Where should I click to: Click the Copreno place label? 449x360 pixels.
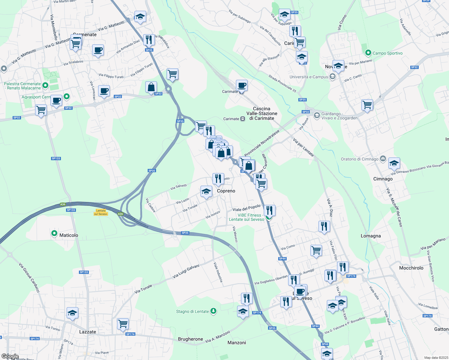coord(226,191)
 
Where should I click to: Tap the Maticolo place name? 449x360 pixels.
coord(69,235)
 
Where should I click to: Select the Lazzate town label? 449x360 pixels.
coord(88,332)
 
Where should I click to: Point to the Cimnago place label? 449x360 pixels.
coord(383,179)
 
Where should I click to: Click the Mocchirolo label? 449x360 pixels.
coord(411,268)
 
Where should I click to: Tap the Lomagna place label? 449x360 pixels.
coord(371,236)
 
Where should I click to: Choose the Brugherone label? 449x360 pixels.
coord(190,339)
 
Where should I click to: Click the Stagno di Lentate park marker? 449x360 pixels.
coord(213,311)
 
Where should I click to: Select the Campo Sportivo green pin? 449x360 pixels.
coord(368,53)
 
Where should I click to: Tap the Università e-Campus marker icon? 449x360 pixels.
coord(332,77)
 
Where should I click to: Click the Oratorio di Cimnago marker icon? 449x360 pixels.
coord(383,159)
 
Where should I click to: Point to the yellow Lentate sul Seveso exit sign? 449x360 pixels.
coord(101,212)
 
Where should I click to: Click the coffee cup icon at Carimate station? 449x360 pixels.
coord(242,85)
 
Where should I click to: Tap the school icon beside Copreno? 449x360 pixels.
coord(206,191)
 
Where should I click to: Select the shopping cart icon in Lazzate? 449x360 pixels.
coord(123,324)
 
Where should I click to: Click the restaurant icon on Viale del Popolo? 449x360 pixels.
coord(270,210)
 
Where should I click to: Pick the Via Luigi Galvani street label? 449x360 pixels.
coord(186,271)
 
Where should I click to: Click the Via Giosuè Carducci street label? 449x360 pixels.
coord(29,277)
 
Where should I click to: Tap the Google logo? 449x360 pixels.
coord(10,356)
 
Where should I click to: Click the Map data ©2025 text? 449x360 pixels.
coord(436,358)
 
